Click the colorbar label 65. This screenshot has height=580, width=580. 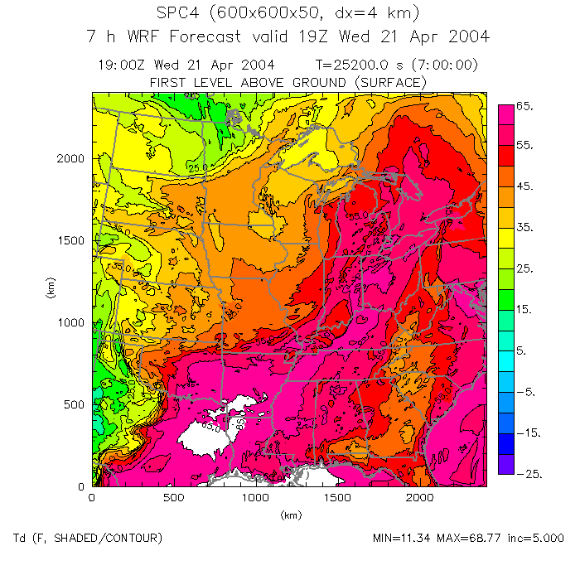[527, 107]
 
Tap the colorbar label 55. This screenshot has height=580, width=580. [527, 146]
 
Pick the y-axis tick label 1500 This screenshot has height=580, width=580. [73, 240]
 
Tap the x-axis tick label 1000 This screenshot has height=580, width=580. [255, 498]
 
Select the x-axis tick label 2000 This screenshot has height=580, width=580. [420, 498]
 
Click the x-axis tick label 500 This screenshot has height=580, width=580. [173, 498]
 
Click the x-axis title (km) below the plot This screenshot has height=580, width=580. [289, 515]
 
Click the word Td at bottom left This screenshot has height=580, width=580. [18, 539]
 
